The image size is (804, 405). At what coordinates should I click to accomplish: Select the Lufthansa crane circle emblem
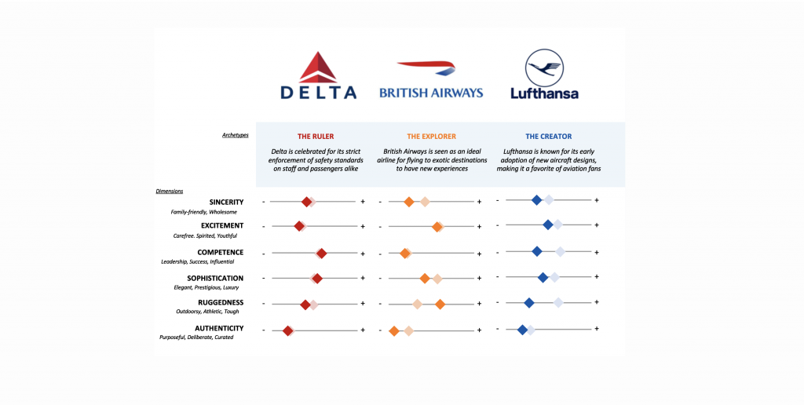click(x=543, y=67)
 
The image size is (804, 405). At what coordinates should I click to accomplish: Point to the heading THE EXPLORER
click(x=431, y=137)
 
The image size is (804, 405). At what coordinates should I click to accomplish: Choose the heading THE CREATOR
click(x=549, y=137)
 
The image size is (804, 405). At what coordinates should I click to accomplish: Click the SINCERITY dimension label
click(x=221, y=202)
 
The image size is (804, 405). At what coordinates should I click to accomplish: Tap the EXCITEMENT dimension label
click(x=222, y=226)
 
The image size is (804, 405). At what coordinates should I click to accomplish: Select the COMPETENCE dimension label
click(x=221, y=253)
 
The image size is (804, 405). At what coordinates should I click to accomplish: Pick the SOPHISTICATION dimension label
click(x=215, y=278)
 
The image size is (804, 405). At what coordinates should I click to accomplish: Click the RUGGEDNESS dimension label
click(x=221, y=303)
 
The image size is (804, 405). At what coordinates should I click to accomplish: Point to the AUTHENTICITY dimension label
click(x=219, y=328)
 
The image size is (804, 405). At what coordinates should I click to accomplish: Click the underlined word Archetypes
click(x=236, y=135)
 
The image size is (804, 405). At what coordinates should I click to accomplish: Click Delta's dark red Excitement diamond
click(x=299, y=226)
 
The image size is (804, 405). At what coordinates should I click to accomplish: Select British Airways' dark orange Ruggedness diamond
click(x=440, y=304)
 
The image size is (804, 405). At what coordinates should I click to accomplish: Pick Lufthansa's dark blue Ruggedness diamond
click(x=529, y=302)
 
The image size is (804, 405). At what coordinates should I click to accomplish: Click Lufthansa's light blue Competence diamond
click(x=560, y=251)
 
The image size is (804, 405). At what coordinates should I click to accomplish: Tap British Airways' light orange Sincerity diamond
click(x=424, y=202)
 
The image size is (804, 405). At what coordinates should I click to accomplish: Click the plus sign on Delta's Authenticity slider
click(x=363, y=330)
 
